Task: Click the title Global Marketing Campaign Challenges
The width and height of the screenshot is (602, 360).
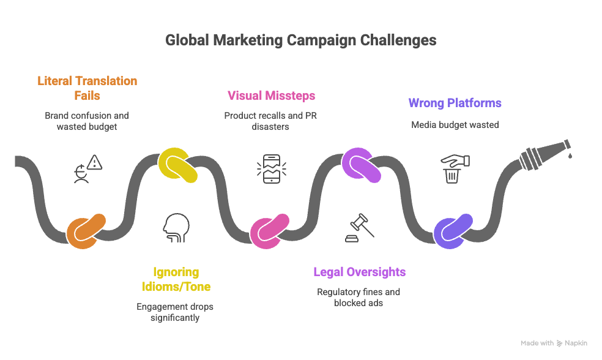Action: [301, 40]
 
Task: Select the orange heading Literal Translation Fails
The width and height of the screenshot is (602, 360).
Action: [87, 88]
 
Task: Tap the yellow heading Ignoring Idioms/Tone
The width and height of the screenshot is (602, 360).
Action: [175, 279]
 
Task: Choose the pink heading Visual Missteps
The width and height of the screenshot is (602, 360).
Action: [272, 96]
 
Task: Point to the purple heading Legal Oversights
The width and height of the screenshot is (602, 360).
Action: [359, 272]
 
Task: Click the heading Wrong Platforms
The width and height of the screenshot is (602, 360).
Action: [455, 103]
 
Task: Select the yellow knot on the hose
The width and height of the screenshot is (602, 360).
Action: [177, 165]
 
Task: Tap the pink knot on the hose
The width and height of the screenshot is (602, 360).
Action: [269, 231]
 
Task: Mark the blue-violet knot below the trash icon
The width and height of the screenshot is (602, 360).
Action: [453, 231]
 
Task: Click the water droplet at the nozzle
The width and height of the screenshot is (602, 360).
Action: [570, 156]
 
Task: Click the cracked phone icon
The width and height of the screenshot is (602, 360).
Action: [271, 169]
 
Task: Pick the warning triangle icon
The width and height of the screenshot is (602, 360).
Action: [94, 162]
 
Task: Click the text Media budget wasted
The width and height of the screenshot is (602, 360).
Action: [455, 125]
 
